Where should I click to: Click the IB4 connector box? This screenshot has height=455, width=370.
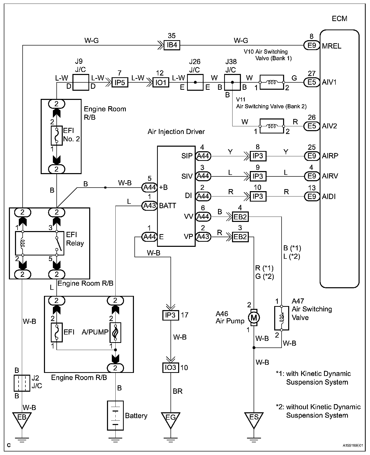pos(172,45)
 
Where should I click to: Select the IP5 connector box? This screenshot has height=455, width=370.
pos(120,83)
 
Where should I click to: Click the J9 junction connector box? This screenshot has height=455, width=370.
pos(81,82)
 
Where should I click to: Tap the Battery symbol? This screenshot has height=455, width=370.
pos(115,415)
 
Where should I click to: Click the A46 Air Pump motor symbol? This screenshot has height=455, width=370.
pos(254,317)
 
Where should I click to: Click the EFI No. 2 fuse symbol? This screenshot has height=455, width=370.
pos(56,135)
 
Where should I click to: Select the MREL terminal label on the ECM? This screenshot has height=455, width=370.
pos(332,46)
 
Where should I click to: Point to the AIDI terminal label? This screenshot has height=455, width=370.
pos(329,196)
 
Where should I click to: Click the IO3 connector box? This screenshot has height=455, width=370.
pos(171,368)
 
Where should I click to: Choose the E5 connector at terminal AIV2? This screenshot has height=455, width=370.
pos(312,126)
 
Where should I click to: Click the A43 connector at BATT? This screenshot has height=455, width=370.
pos(149,205)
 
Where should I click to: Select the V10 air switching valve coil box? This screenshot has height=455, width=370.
pos(271,82)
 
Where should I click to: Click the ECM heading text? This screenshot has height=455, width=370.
pos(340,19)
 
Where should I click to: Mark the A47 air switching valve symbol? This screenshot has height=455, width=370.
pos(282,318)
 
